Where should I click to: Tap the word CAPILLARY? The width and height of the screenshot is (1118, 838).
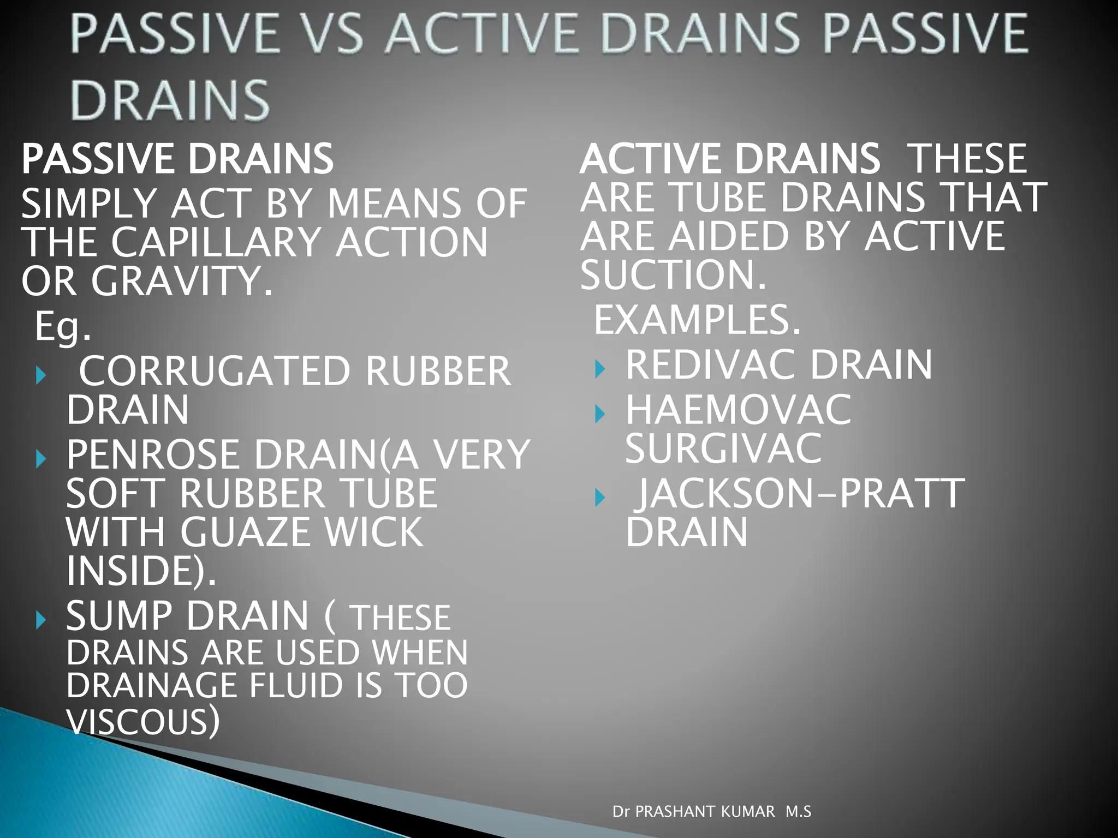[x=217, y=242]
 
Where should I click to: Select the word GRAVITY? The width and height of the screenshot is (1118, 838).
[x=181, y=282]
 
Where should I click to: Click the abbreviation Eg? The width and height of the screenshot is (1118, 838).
[x=62, y=326]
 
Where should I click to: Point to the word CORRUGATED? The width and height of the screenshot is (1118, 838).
[x=215, y=371]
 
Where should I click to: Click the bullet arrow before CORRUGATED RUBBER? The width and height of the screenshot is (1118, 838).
[x=40, y=375]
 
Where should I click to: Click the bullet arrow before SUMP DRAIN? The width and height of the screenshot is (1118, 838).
[x=40, y=620]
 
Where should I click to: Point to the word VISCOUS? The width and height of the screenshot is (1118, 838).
[x=142, y=721]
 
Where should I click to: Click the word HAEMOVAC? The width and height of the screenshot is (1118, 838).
[x=738, y=410]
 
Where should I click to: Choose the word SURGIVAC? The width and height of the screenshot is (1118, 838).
[x=723, y=448]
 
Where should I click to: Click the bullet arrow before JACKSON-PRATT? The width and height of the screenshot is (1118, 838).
[x=600, y=497]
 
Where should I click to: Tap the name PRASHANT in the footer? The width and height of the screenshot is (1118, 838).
[x=705, y=812]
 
